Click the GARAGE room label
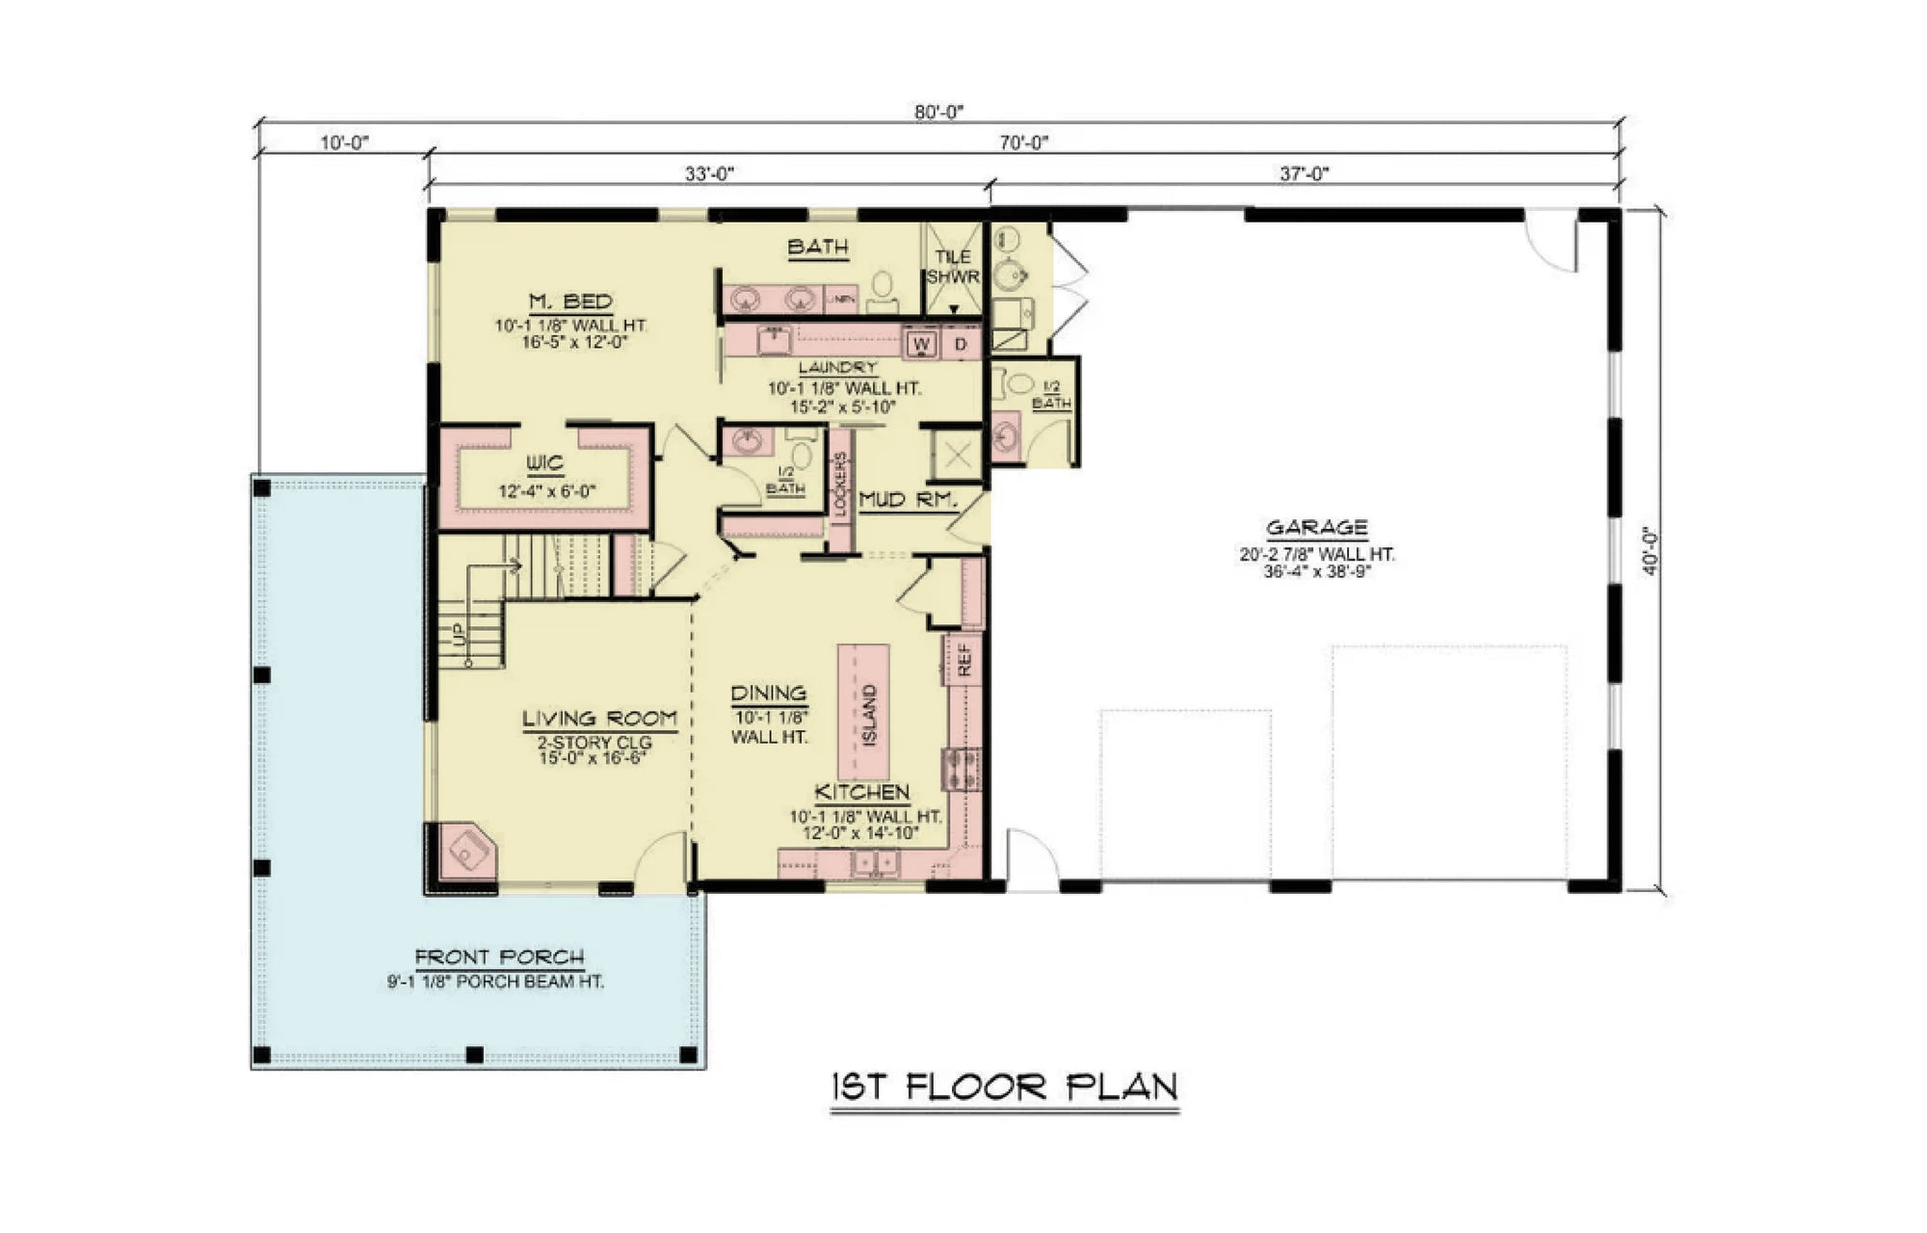(x=1316, y=528)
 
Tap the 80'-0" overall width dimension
(x=938, y=112)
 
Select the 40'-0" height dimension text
(x=1650, y=550)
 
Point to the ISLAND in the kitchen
(x=864, y=713)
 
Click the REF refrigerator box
(x=964, y=659)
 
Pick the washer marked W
(x=921, y=344)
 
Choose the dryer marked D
(x=961, y=344)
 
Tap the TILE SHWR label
(x=953, y=267)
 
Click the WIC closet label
(x=545, y=464)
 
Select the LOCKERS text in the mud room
(x=840, y=485)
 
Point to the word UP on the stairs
(x=459, y=634)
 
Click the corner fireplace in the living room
(x=467, y=852)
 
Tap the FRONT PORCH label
(x=499, y=958)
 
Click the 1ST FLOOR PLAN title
(x=1004, y=1088)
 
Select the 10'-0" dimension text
(x=344, y=143)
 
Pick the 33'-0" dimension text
(x=709, y=173)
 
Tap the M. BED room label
(x=570, y=302)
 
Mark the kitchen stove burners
(x=962, y=769)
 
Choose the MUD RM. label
(x=907, y=500)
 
